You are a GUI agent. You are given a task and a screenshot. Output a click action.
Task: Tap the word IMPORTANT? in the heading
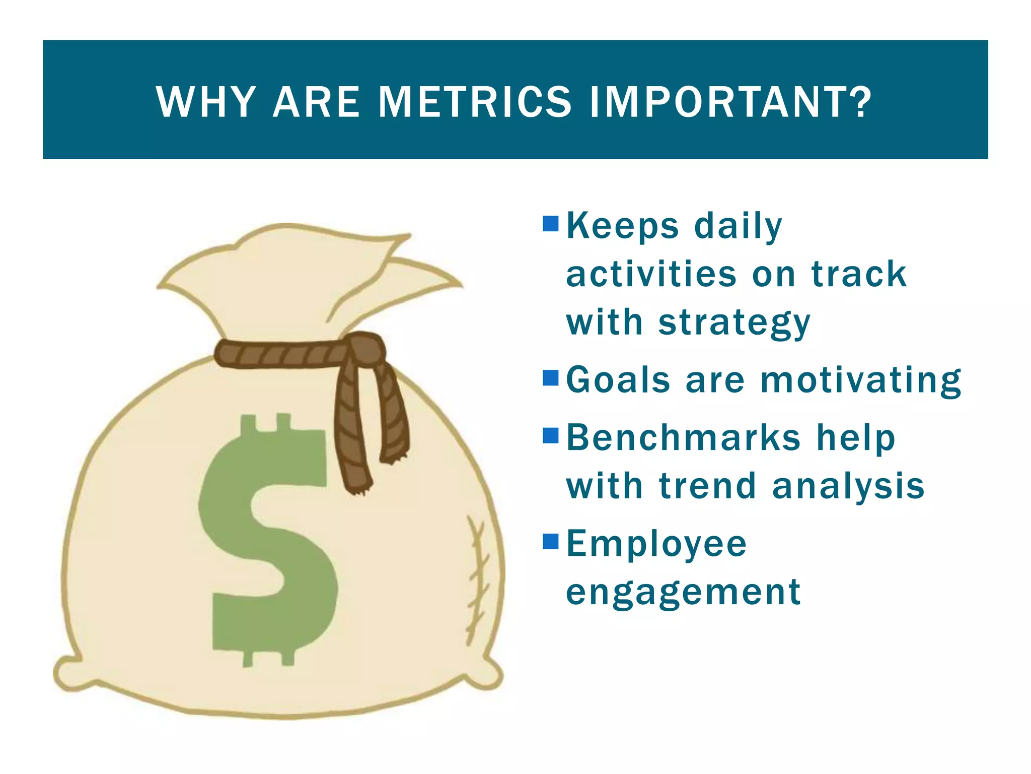coord(730,102)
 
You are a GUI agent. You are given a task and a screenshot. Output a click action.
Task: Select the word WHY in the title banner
coord(206,102)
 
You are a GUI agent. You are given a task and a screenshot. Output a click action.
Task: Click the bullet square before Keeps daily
coord(551,224)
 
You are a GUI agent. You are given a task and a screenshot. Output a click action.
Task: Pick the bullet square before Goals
coord(551,377)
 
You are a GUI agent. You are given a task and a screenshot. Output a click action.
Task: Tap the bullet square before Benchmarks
coord(551,435)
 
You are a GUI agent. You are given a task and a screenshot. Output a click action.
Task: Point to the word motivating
coord(861,380)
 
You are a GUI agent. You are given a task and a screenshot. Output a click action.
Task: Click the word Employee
coord(656,545)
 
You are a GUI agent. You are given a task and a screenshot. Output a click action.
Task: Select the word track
coord(859,275)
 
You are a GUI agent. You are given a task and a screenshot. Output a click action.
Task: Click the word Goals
coord(618,379)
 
